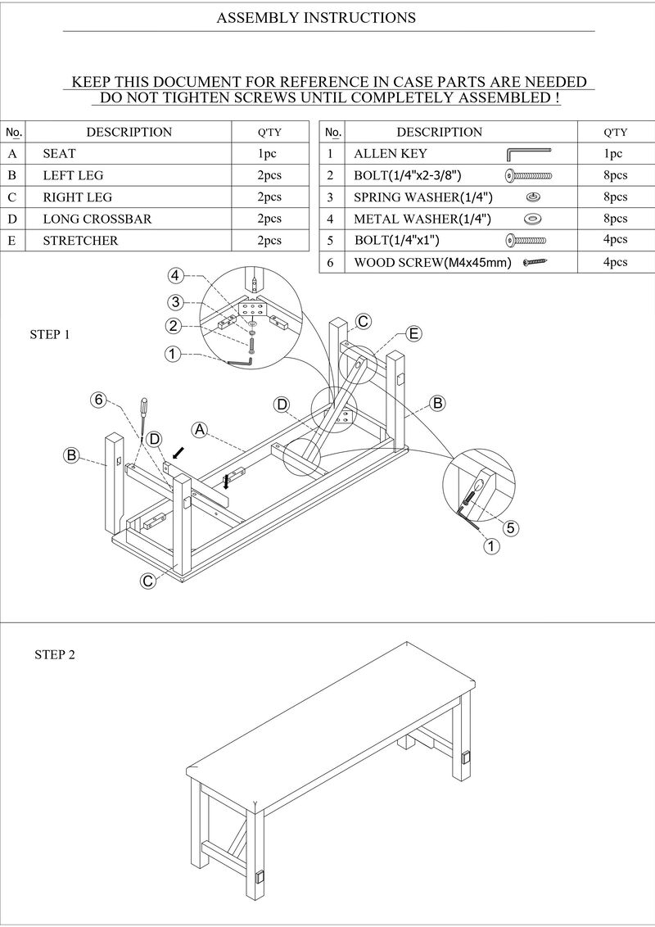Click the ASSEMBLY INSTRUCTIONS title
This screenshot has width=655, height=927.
pyautogui.click(x=316, y=17)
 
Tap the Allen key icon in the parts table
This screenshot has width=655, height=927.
pyautogui.click(x=528, y=153)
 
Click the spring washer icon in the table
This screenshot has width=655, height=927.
pyautogui.click(x=533, y=197)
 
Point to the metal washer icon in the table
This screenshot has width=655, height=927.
pyautogui.click(x=533, y=219)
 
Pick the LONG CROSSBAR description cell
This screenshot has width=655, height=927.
pyautogui.click(x=97, y=219)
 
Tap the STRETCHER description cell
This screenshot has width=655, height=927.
pyautogui.click(x=80, y=241)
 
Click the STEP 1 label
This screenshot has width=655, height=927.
pyautogui.click(x=50, y=334)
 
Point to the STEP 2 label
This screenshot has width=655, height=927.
pyautogui.click(x=55, y=654)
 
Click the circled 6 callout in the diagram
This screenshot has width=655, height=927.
pyautogui.click(x=98, y=400)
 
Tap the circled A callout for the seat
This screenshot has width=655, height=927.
pyautogui.click(x=199, y=428)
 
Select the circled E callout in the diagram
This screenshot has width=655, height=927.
pyautogui.click(x=414, y=333)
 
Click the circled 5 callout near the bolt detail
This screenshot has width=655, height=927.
pyautogui.click(x=510, y=527)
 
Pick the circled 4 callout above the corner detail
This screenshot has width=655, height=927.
pyautogui.click(x=175, y=275)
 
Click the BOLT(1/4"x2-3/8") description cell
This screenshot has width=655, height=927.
pyautogui.click(x=407, y=175)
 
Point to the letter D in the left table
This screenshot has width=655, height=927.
pyautogui.click(x=12, y=219)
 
